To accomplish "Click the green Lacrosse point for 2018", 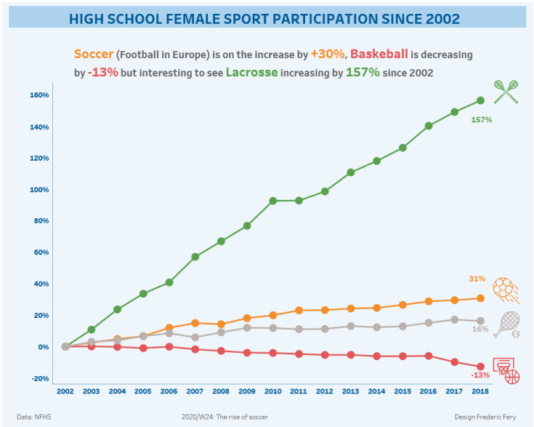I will [480, 100].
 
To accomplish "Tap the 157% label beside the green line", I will [481, 119].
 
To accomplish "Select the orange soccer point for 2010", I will [273, 315].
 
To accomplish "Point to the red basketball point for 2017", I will [455, 362].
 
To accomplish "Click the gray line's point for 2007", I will [195, 338].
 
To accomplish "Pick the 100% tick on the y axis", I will [39, 190].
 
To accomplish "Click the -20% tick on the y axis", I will [39, 378].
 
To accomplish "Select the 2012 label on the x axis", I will [325, 391].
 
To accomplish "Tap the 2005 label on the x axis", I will [143, 391].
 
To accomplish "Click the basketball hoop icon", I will [506, 370].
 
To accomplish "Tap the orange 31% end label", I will [477, 279].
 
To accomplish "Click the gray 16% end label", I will [480, 329].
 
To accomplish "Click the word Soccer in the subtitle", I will [93, 54].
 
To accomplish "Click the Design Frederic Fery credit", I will [485, 417].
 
